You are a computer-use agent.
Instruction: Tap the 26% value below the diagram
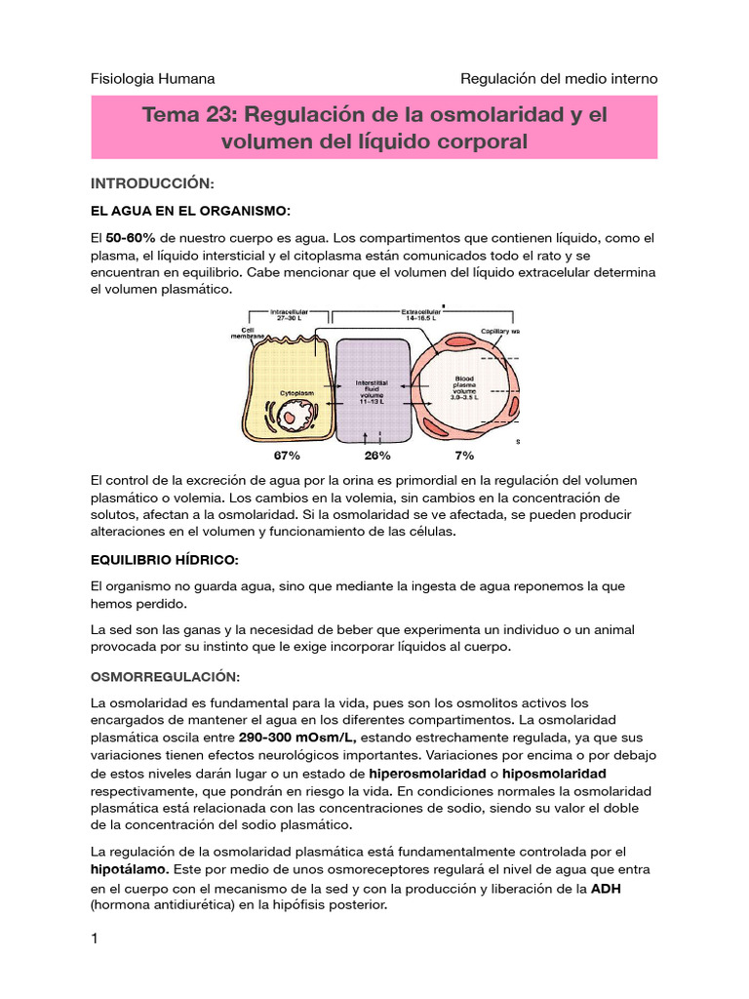coord(377,455)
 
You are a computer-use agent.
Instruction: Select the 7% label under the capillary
coord(464,455)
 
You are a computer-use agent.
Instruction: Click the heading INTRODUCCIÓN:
coord(151,182)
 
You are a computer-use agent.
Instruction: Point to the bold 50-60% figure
coord(130,238)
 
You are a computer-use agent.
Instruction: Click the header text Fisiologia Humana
coord(152,78)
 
